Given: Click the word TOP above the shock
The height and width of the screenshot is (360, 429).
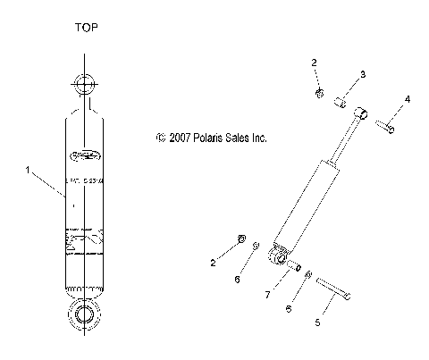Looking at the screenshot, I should click(x=86, y=28).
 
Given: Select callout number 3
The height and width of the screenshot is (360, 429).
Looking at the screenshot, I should click(x=363, y=74).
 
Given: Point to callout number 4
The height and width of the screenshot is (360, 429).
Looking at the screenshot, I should click(x=408, y=98).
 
